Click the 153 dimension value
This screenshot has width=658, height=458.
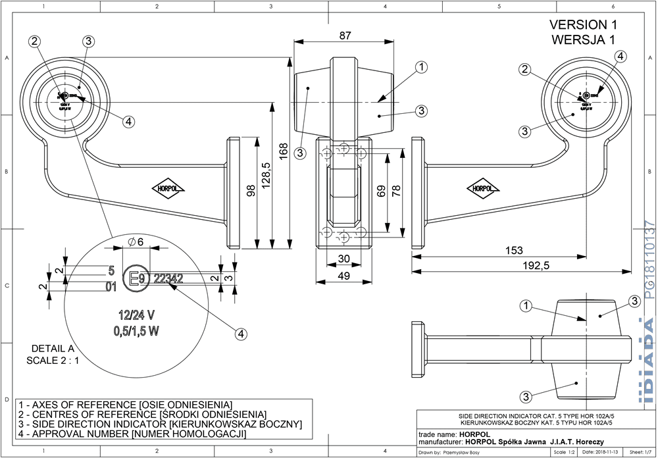pos(514,250)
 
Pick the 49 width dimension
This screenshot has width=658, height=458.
pos(343,277)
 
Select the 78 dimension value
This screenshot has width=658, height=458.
pos(396,190)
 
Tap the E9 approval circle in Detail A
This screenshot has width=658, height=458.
pos(137,279)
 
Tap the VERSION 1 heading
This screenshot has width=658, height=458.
pos(584,24)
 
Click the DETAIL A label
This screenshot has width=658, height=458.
pos(53,349)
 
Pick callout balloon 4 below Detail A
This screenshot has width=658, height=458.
pos(241,334)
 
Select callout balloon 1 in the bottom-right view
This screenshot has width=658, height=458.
pos(525,305)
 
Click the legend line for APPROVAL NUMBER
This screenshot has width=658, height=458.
pos(133,434)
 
